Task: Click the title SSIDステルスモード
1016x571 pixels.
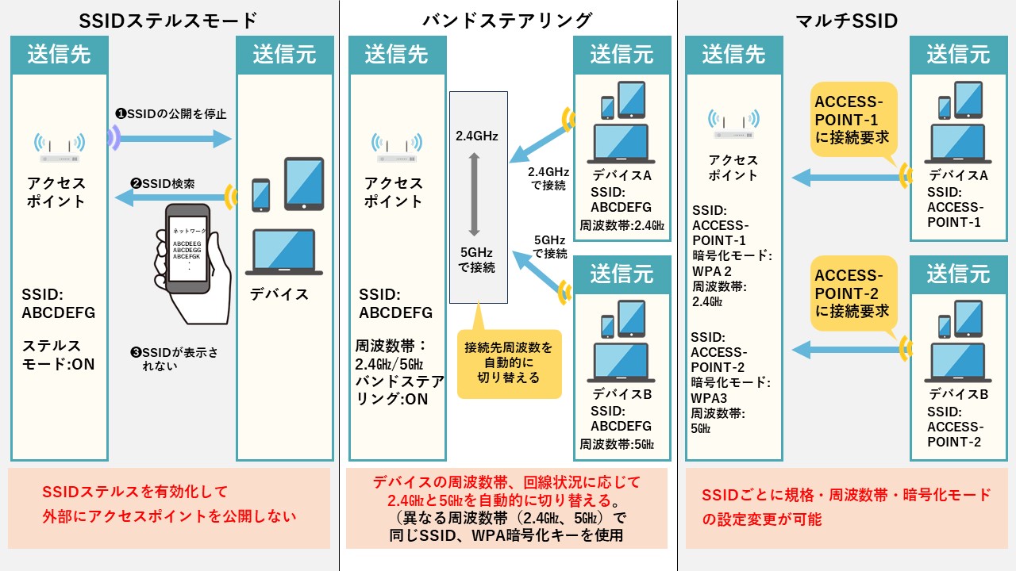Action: [170, 20]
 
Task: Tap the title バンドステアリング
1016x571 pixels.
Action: [508, 20]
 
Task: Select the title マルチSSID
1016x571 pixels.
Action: [846, 20]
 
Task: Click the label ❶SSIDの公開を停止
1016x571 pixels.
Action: [171, 113]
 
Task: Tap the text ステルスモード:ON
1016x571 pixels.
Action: [57, 354]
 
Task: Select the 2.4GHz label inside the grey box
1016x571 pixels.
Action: [477, 136]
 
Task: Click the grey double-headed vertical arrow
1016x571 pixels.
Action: [474, 195]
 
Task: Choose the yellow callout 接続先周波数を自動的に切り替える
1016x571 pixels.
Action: [509, 362]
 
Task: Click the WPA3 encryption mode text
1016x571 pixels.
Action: [708, 397]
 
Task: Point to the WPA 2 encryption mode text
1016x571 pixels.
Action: [711, 270]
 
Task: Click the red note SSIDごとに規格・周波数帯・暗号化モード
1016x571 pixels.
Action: [846, 495]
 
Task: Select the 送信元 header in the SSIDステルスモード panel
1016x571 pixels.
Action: [284, 55]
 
